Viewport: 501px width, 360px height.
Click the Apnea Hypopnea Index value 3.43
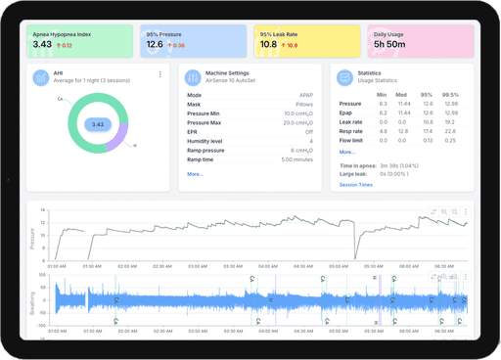43,44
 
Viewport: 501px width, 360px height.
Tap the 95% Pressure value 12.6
156,44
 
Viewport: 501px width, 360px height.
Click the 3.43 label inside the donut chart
97,124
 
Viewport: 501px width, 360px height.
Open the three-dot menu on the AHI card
160,74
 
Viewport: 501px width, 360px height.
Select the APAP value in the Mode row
305,95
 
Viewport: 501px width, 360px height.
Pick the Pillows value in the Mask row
304,104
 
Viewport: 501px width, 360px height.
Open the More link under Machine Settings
195,173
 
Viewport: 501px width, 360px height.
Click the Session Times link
355,184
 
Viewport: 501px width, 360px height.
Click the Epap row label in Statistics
346,112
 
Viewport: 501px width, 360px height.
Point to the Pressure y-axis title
31,235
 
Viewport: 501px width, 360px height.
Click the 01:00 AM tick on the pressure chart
57,265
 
